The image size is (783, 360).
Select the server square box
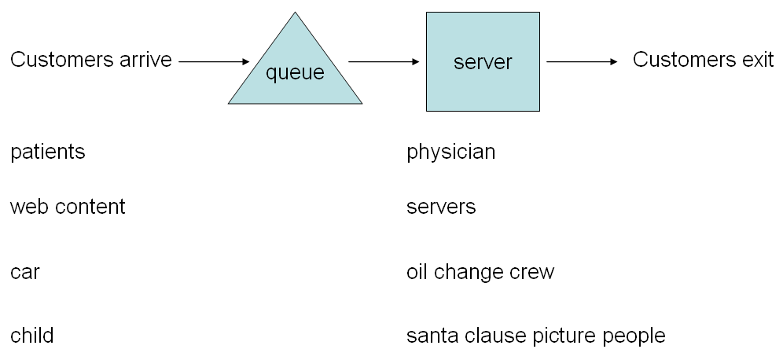coord(483,61)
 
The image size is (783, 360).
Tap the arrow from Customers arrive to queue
coord(214,61)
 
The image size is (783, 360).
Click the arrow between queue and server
coord(384,61)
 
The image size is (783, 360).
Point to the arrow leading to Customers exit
coord(582,61)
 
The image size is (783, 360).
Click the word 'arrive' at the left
coord(145,61)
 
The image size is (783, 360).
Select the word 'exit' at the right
coord(758,61)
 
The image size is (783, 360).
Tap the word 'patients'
coord(47,152)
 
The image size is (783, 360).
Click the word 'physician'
coord(450,152)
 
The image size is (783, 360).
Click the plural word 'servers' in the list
coord(441,208)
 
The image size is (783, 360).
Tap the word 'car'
coord(24,273)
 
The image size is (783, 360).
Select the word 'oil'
coord(416,272)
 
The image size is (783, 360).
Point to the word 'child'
coord(31,336)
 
